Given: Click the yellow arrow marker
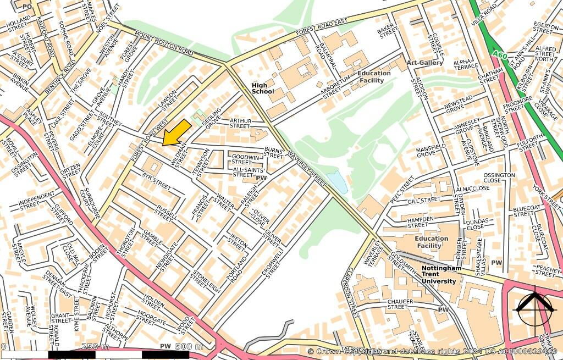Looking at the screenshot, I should point(177,132).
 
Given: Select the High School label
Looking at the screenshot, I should point(262,88).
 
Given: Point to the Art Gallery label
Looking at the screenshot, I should point(424,63).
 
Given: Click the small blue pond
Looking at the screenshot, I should point(337,182).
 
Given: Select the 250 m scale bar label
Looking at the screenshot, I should point(95,346).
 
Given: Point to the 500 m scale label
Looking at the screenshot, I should point(189,346).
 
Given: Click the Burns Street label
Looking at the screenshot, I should point(273,152).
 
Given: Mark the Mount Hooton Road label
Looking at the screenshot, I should point(164,45).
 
